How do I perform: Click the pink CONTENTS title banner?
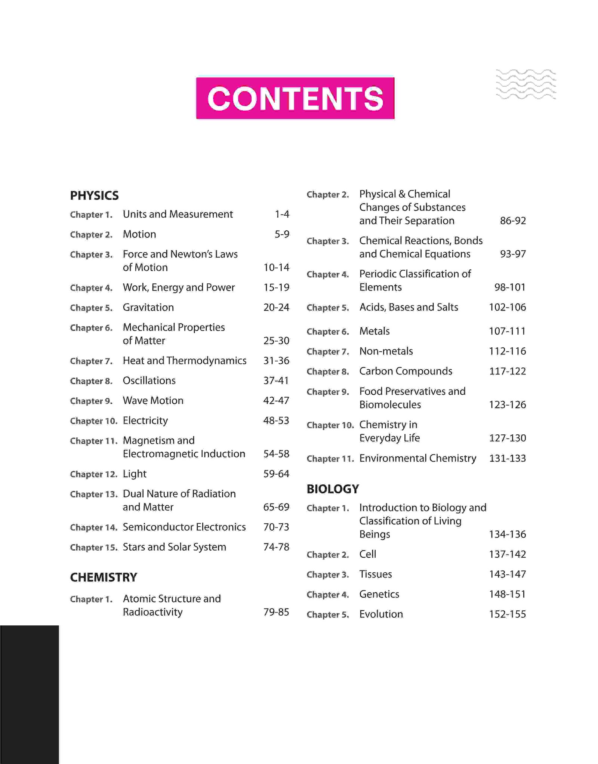click(x=295, y=98)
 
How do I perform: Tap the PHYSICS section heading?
click(x=94, y=195)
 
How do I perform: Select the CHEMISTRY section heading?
click(x=104, y=577)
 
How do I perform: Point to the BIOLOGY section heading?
click(x=333, y=489)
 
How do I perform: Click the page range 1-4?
click(x=282, y=214)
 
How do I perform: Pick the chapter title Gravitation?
click(x=148, y=307)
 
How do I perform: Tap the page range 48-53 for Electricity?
click(x=276, y=420)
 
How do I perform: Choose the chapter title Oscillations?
click(x=149, y=381)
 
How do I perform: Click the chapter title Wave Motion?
click(x=153, y=400)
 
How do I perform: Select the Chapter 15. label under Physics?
click(x=93, y=547)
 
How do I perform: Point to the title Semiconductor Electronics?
click(x=184, y=527)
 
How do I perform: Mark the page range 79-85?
click(x=276, y=612)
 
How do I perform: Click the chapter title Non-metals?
click(x=386, y=351)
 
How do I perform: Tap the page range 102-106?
click(x=507, y=307)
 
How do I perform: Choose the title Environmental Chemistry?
click(x=418, y=458)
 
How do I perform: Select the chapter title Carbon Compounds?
click(x=406, y=371)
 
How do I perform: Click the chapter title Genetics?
click(x=379, y=594)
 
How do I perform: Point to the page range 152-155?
click(x=507, y=614)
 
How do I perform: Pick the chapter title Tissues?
click(x=376, y=574)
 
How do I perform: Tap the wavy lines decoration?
click(x=526, y=84)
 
